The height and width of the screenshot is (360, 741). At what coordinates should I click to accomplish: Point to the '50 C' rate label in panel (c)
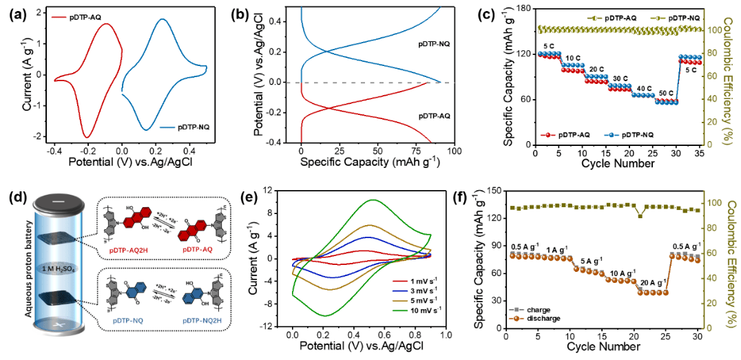pyautogui.click(x=667, y=92)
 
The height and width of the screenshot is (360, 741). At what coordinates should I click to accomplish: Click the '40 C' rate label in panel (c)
pyautogui.click(x=643, y=87)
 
